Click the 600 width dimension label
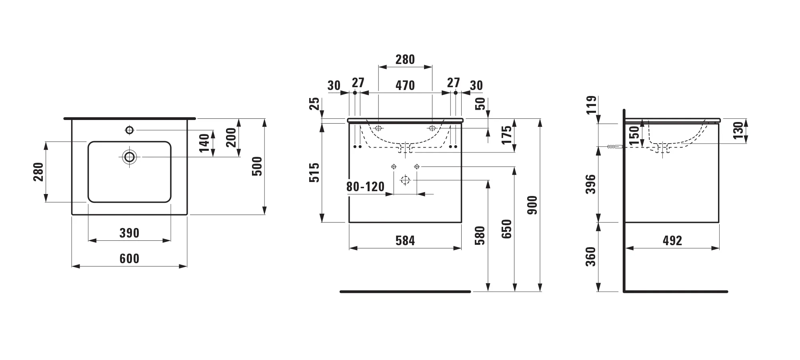pos(129,258)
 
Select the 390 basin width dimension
pos(129,233)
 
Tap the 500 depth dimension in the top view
pos(257,166)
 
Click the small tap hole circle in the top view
pos(129,130)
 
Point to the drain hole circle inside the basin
pos(129,157)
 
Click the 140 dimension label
pos(204,143)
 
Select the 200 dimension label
pos(231,137)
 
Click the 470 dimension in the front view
pos(405,85)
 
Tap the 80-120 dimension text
pos(365,187)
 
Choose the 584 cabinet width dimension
pos(405,240)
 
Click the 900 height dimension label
pos(532,205)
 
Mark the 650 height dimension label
pos(506,229)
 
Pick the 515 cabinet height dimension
pos(315,172)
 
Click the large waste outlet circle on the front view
pos(405,180)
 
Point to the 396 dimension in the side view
pos(591,184)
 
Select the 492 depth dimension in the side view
pos(672,240)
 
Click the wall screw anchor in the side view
pos(614,147)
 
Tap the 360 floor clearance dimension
pos(591,256)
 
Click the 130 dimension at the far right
pos(738,130)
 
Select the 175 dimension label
pos(506,135)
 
